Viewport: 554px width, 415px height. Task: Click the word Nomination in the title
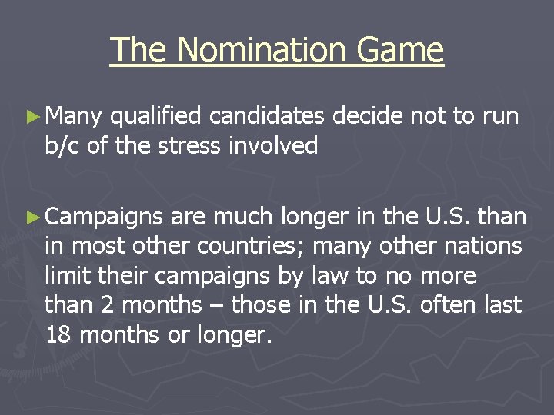[x=260, y=51]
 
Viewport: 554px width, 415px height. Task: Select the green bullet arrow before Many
[x=32, y=117]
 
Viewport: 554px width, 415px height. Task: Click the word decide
[x=369, y=116]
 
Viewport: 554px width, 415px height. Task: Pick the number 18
[x=58, y=334]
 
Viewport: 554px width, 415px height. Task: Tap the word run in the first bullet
[x=501, y=117]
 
